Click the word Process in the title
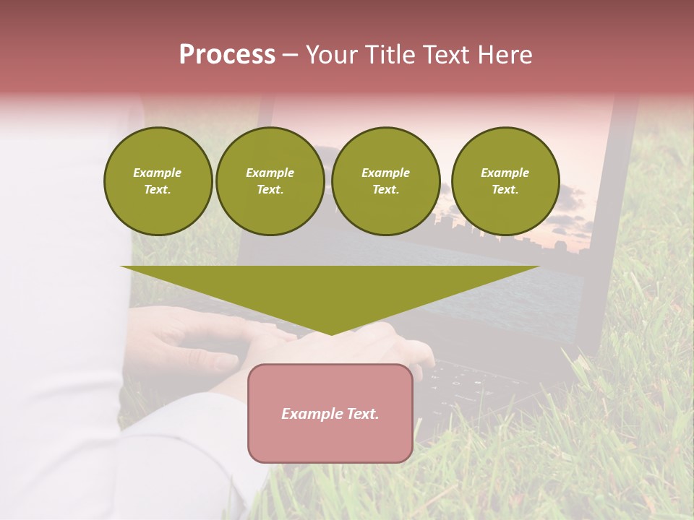point(227,55)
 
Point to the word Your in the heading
point(330,55)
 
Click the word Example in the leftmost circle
point(158,173)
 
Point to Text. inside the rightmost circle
point(505,189)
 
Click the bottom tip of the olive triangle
point(331,333)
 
